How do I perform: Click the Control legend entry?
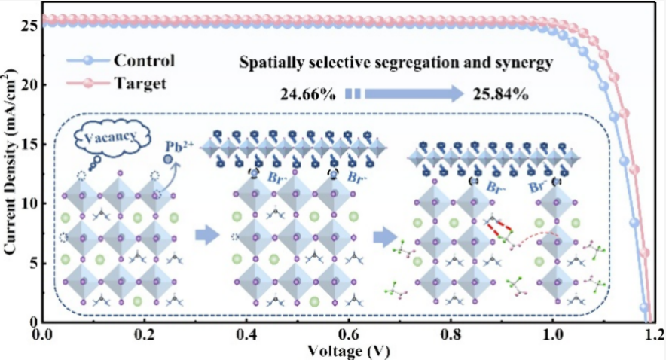click(x=143, y=60)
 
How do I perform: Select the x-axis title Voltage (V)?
click(x=346, y=351)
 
